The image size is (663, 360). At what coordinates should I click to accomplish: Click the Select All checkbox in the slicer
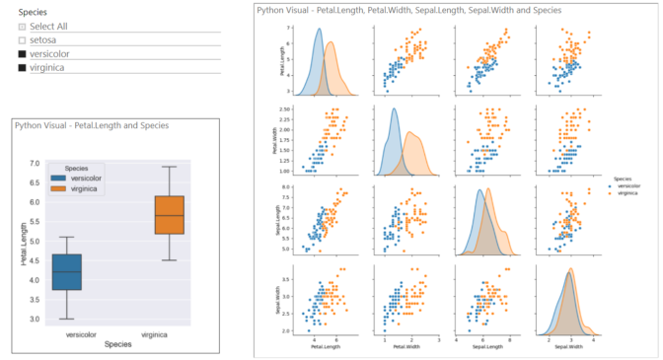coord(23,26)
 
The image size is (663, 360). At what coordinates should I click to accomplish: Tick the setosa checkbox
coord(23,39)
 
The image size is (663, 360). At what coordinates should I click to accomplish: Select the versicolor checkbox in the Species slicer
coord(23,53)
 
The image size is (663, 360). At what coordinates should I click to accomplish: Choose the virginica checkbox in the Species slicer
coord(23,67)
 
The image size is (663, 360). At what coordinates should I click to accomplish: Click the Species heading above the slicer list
coord(33,11)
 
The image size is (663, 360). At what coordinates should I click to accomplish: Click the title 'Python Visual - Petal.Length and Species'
coord(91,125)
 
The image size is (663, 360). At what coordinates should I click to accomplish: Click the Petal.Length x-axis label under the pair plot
coord(323,347)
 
